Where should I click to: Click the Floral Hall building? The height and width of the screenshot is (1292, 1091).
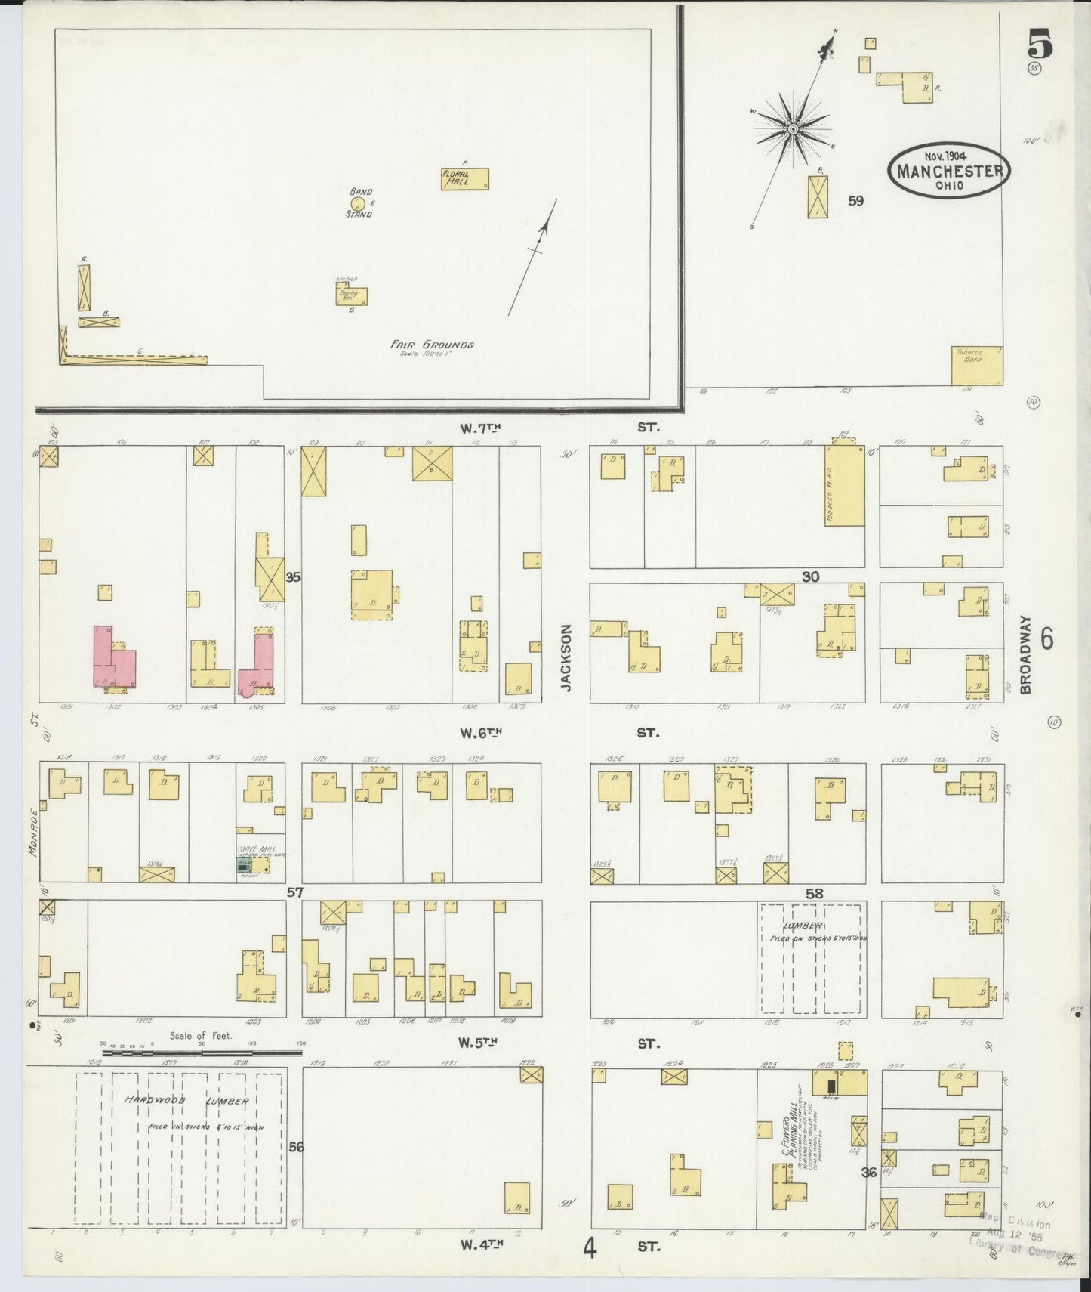pos(465,178)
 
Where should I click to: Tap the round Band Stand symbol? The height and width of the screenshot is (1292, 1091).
pos(359,203)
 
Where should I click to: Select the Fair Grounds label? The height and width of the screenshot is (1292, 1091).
pos(431,345)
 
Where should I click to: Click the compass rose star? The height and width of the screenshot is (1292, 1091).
pos(794,130)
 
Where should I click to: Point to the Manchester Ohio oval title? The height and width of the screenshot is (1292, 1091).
pos(949,170)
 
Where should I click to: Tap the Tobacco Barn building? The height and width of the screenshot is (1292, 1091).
pos(977,366)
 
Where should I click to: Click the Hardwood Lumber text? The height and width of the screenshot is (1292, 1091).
pos(186,1102)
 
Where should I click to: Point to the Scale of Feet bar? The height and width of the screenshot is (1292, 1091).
pos(202,1052)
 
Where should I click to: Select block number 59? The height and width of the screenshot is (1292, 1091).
pos(855,201)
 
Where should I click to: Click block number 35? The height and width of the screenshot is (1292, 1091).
pos(293,577)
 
